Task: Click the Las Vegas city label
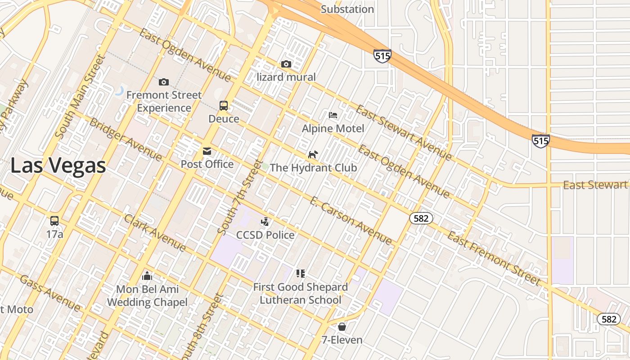(x=58, y=165)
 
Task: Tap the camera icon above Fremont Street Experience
(x=164, y=82)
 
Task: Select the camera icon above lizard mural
(x=286, y=64)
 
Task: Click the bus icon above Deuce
(x=224, y=106)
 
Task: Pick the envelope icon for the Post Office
(x=207, y=151)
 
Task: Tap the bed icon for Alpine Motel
(x=333, y=115)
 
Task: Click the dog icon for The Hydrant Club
(x=313, y=155)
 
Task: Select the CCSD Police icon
(x=265, y=221)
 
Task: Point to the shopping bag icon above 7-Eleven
(x=342, y=327)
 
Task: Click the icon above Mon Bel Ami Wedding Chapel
(x=147, y=276)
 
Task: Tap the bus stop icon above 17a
(x=54, y=221)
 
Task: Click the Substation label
(x=347, y=9)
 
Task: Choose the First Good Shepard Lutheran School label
(x=301, y=293)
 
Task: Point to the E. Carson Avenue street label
(x=351, y=220)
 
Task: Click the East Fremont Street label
(x=494, y=259)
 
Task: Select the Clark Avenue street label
(x=154, y=233)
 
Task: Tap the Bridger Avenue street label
(x=126, y=139)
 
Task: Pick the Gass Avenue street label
(x=50, y=293)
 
